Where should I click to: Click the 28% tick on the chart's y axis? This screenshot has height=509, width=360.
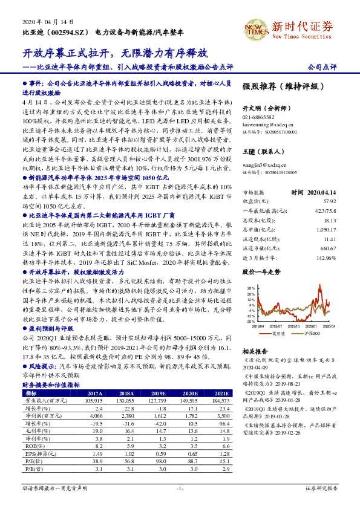250,289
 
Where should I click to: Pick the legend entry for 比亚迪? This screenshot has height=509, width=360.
276,333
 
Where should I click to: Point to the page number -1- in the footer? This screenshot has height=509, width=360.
179,487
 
